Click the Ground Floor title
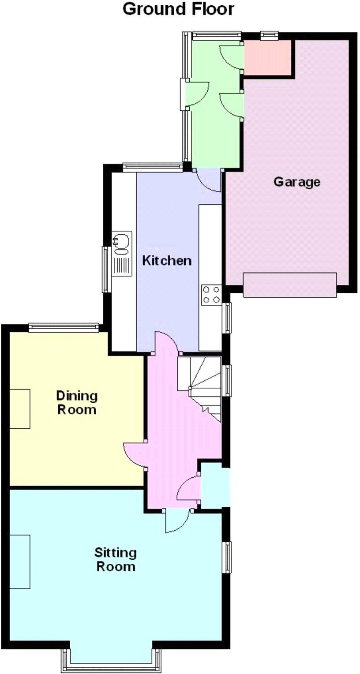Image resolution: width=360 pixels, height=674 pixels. click(178, 9)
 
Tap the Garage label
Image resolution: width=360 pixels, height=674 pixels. click(296, 181)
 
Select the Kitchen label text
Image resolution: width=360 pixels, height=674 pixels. click(167, 260)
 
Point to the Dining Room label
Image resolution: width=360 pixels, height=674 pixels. click(77, 402)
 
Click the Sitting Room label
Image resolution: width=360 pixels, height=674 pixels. click(116, 559)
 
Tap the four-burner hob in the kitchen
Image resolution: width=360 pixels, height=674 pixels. click(211, 295)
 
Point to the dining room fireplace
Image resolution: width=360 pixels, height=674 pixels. click(20, 408)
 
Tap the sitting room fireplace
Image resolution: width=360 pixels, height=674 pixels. click(20, 561)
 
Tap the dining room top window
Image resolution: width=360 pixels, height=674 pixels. click(64, 327)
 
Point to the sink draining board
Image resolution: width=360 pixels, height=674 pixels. click(122, 265)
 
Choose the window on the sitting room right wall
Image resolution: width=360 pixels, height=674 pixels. click(228, 557)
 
